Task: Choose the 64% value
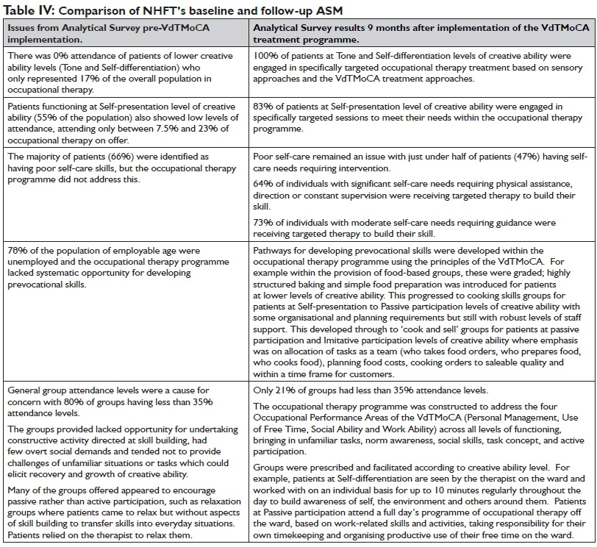tap(261, 185)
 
